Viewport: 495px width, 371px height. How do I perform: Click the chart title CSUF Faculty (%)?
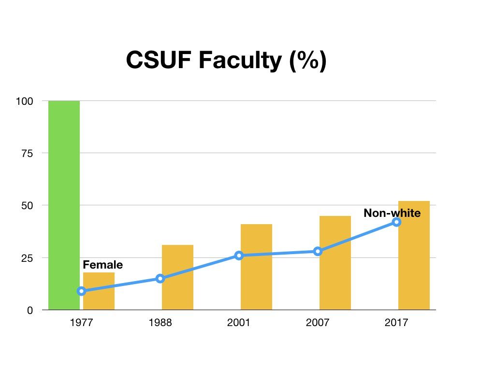(226, 61)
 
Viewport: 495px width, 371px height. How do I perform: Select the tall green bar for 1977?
(64, 205)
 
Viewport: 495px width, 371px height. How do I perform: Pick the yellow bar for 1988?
(177, 277)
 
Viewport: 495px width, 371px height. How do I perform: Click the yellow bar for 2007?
(335, 263)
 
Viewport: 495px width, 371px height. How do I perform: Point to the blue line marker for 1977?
(81, 291)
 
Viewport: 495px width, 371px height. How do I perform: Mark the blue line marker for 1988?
(160, 278)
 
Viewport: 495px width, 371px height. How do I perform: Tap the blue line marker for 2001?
(239, 255)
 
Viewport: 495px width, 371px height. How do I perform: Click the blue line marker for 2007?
(318, 251)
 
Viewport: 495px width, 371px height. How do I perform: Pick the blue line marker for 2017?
(396, 222)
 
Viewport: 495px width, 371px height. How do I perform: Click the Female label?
(103, 265)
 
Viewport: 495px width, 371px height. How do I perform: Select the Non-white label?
(392, 213)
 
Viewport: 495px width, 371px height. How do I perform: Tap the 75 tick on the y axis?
(28, 153)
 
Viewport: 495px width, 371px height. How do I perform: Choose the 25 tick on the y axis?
(28, 258)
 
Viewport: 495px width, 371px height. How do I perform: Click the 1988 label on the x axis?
(160, 323)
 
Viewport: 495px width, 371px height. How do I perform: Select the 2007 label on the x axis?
(318, 323)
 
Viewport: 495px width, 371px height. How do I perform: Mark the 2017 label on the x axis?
(396, 323)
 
